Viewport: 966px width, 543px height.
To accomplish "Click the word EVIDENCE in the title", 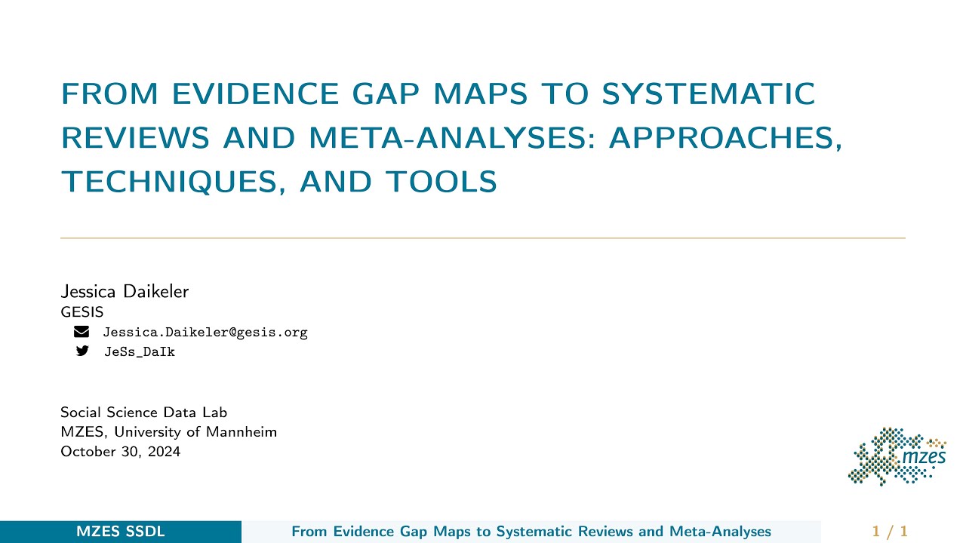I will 256,94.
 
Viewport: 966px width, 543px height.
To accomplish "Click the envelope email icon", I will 82,332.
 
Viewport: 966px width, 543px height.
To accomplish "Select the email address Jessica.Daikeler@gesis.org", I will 205,333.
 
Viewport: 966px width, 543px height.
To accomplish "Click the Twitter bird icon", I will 82,351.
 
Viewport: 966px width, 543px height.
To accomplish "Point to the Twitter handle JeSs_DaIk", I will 139,352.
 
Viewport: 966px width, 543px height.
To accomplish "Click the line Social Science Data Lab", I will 143,413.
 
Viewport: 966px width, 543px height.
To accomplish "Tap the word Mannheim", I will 245,432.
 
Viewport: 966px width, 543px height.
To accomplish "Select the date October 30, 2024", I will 121,452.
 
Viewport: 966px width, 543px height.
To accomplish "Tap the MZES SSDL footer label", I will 121,532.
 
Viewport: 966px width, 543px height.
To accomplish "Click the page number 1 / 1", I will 890,532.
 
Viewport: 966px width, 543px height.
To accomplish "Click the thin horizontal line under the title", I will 483,238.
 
